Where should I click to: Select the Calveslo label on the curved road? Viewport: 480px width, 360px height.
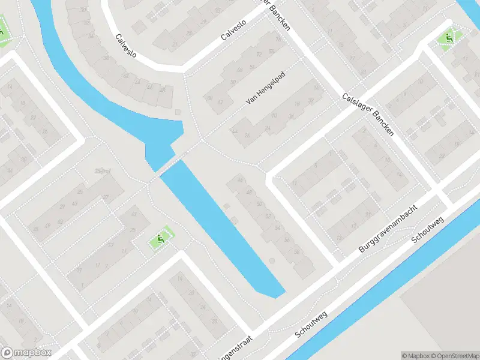[x=125, y=45]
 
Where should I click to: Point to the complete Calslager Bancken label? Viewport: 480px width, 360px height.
[x=367, y=114]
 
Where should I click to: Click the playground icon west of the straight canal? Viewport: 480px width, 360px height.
[x=160, y=239]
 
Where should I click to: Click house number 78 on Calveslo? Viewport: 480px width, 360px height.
[x=277, y=40]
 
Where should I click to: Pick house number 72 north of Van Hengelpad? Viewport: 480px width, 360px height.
[x=260, y=55]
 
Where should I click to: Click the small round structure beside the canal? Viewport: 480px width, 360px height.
[x=271, y=261]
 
